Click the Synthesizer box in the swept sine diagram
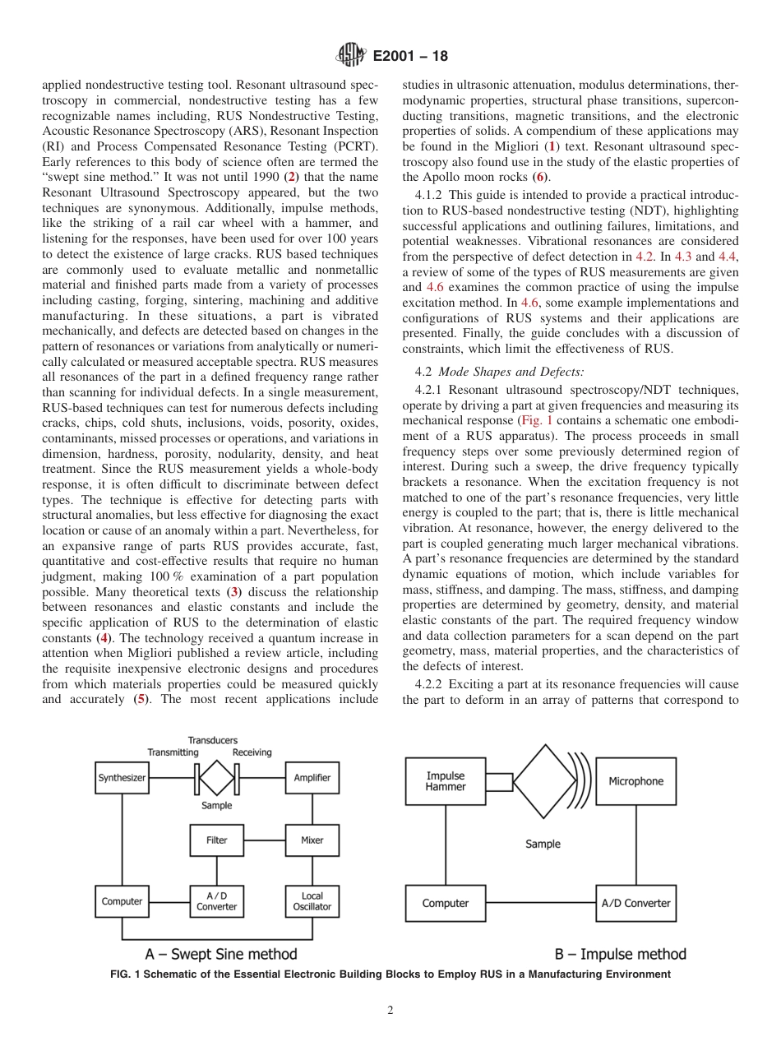click(122, 778)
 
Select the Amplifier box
click(312, 778)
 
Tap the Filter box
click(217, 840)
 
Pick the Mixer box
click(312, 840)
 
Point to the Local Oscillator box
click(312, 901)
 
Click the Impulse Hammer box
click(446, 781)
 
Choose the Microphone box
click(635, 781)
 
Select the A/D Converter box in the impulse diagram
click(635, 903)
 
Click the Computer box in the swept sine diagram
click(122, 901)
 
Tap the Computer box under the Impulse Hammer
click(446, 903)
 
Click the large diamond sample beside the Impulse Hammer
click(543, 781)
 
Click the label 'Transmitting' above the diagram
click(173, 752)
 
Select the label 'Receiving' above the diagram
click(252, 752)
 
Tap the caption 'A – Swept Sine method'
click(221, 955)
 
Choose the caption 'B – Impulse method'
click(620, 955)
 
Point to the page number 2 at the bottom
click(390, 1011)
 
